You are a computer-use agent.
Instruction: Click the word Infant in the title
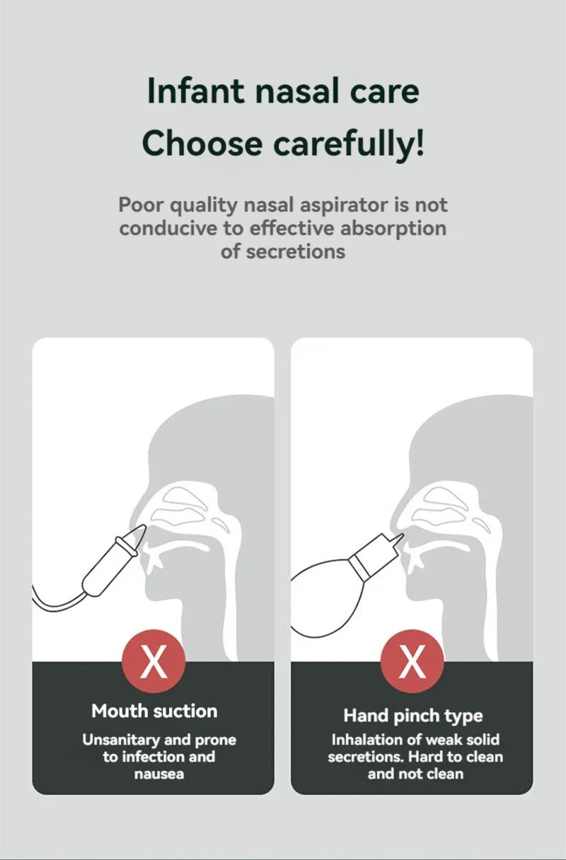[x=196, y=91]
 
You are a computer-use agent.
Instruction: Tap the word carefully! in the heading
[x=349, y=144]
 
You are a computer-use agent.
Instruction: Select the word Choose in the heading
[x=202, y=144]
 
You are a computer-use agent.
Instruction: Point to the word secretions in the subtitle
[x=296, y=252]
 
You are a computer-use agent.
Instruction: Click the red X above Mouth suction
[x=154, y=661]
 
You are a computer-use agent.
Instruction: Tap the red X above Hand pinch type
[x=412, y=661]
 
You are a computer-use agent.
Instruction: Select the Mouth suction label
[x=154, y=711]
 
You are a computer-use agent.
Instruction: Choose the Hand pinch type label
[x=413, y=716]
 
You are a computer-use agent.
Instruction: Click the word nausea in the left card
[x=159, y=774]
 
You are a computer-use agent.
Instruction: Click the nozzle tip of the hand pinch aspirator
[x=402, y=535]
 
